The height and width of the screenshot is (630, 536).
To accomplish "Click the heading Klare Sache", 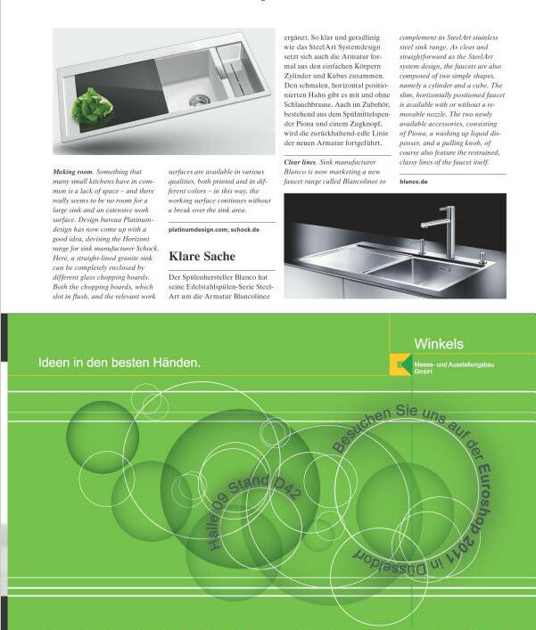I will click(x=202, y=257).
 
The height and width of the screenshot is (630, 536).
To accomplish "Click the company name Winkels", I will click(x=439, y=344).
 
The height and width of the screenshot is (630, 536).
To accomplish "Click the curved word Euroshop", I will click(x=485, y=495).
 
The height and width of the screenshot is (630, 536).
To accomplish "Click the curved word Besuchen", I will click(x=360, y=430).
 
